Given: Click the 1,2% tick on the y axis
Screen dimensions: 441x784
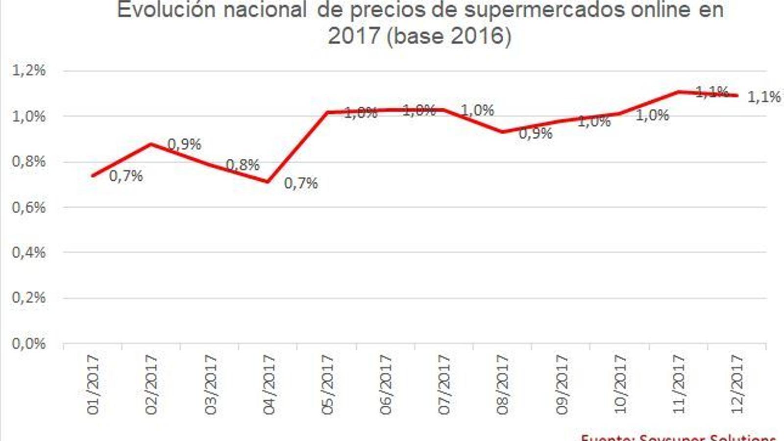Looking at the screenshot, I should pos(28,71).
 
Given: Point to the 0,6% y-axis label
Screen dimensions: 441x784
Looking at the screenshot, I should pos(28,207).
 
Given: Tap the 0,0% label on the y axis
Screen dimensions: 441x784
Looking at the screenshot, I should pos(28,343).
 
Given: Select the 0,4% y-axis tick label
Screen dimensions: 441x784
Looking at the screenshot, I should pos(28,253).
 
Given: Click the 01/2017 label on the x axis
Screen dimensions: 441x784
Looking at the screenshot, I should pos(93,385).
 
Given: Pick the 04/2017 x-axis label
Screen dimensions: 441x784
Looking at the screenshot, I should pos(269,385).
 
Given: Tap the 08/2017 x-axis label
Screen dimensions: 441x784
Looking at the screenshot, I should pos(503,385).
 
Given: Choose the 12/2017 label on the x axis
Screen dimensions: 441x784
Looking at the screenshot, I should pos(737,385).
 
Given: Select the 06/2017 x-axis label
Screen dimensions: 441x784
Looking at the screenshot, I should pos(386,385).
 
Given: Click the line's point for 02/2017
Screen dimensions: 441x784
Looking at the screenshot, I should pos(151,144).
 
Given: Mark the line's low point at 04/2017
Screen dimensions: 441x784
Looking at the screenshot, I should pos(268,182).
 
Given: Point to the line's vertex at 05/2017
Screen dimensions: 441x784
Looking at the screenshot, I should pos(327,112).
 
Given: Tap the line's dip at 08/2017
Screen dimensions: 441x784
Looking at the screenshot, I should pos(502,132).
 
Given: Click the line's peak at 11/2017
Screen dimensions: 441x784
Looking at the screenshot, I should pos(678,92).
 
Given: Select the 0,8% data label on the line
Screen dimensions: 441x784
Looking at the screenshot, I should pos(243,165).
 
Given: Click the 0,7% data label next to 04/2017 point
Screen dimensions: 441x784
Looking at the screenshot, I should pos(301,183).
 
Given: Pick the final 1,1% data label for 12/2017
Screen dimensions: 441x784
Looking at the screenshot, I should pos(764,97).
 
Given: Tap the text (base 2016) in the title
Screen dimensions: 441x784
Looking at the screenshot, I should pos(448,36).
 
